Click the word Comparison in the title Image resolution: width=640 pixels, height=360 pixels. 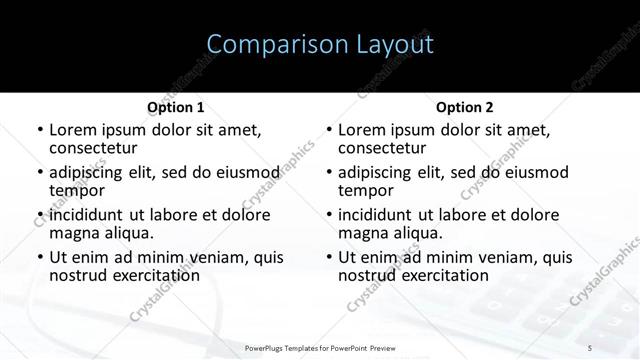click(x=265, y=44)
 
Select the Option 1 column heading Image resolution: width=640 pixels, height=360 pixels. click(x=175, y=107)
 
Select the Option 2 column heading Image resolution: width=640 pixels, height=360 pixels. click(x=465, y=107)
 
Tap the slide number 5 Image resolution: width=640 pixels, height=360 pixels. click(x=590, y=347)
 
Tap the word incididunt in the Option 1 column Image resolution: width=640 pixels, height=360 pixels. click(x=87, y=215)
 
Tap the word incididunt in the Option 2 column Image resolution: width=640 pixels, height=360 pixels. click(x=376, y=215)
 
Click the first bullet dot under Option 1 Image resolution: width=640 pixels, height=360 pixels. click(x=39, y=130)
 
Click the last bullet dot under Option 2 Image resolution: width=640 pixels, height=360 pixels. click(x=328, y=257)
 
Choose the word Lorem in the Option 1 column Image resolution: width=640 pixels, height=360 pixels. click(x=70, y=130)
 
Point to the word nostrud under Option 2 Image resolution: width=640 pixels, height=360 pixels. click(x=369, y=275)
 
